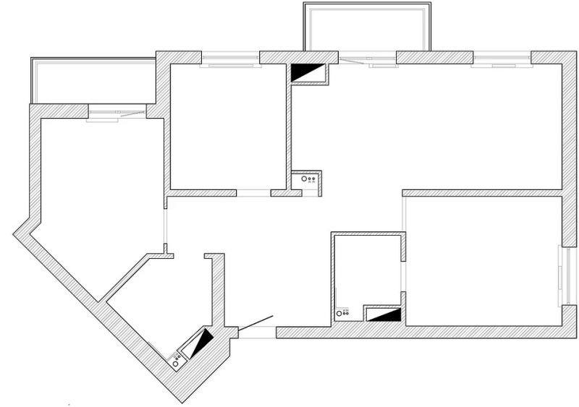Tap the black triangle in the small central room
click(388, 314)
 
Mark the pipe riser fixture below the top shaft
click(309, 179)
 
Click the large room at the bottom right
click(481, 260)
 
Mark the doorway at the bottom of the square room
click(253, 193)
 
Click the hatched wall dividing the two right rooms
click(481, 193)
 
